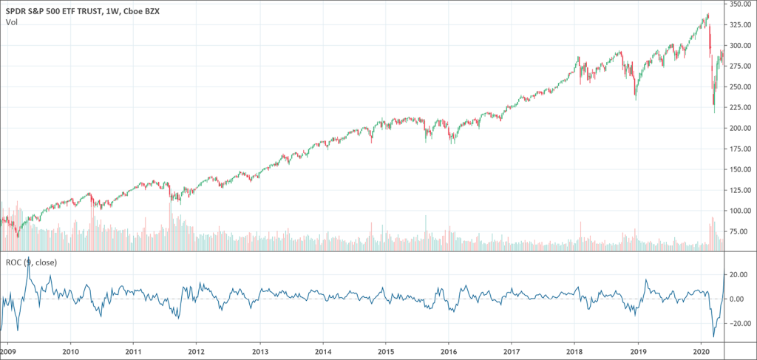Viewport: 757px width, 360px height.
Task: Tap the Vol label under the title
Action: tap(11, 22)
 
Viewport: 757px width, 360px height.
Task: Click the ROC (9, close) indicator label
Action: tap(31, 262)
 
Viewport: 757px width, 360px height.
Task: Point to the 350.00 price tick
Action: tap(741, 4)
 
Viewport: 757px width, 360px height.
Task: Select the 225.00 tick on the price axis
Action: tap(741, 107)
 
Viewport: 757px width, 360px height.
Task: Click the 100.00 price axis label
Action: tap(741, 211)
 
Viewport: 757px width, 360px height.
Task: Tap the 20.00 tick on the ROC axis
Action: tap(740, 274)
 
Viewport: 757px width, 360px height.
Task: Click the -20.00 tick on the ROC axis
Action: tap(739, 322)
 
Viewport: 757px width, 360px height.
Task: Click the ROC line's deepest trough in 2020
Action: tap(713, 337)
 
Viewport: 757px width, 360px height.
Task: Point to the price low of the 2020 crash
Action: tap(714, 112)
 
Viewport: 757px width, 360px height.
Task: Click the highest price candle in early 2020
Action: tap(708, 13)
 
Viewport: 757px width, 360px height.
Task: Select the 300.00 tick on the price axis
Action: tap(741, 45)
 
